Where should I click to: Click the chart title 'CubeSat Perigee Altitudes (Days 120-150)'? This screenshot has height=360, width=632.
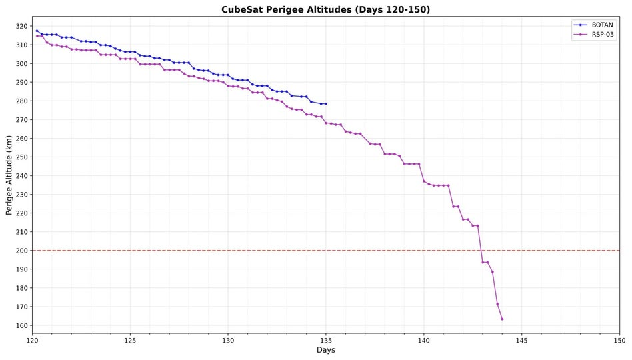click(x=325, y=10)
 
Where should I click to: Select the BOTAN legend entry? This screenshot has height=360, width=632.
click(x=597, y=25)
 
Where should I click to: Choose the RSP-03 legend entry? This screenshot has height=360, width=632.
click(x=597, y=35)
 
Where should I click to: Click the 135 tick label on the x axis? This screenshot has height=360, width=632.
click(x=325, y=341)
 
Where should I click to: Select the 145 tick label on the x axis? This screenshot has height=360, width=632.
click(x=521, y=341)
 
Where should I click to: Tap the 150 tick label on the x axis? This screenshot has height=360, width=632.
click(x=619, y=341)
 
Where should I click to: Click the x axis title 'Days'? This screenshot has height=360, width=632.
click(x=325, y=351)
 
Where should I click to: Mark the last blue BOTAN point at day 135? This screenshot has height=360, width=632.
click(x=325, y=103)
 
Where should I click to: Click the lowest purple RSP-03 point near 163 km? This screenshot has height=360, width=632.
click(x=502, y=319)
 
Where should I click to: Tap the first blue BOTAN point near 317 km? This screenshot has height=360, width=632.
click(x=37, y=31)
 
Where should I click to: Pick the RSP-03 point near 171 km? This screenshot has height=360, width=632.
click(x=497, y=304)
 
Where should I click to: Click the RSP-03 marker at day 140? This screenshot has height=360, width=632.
click(x=423, y=181)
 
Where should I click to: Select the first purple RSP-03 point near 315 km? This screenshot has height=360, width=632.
click(x=37, y=35)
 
